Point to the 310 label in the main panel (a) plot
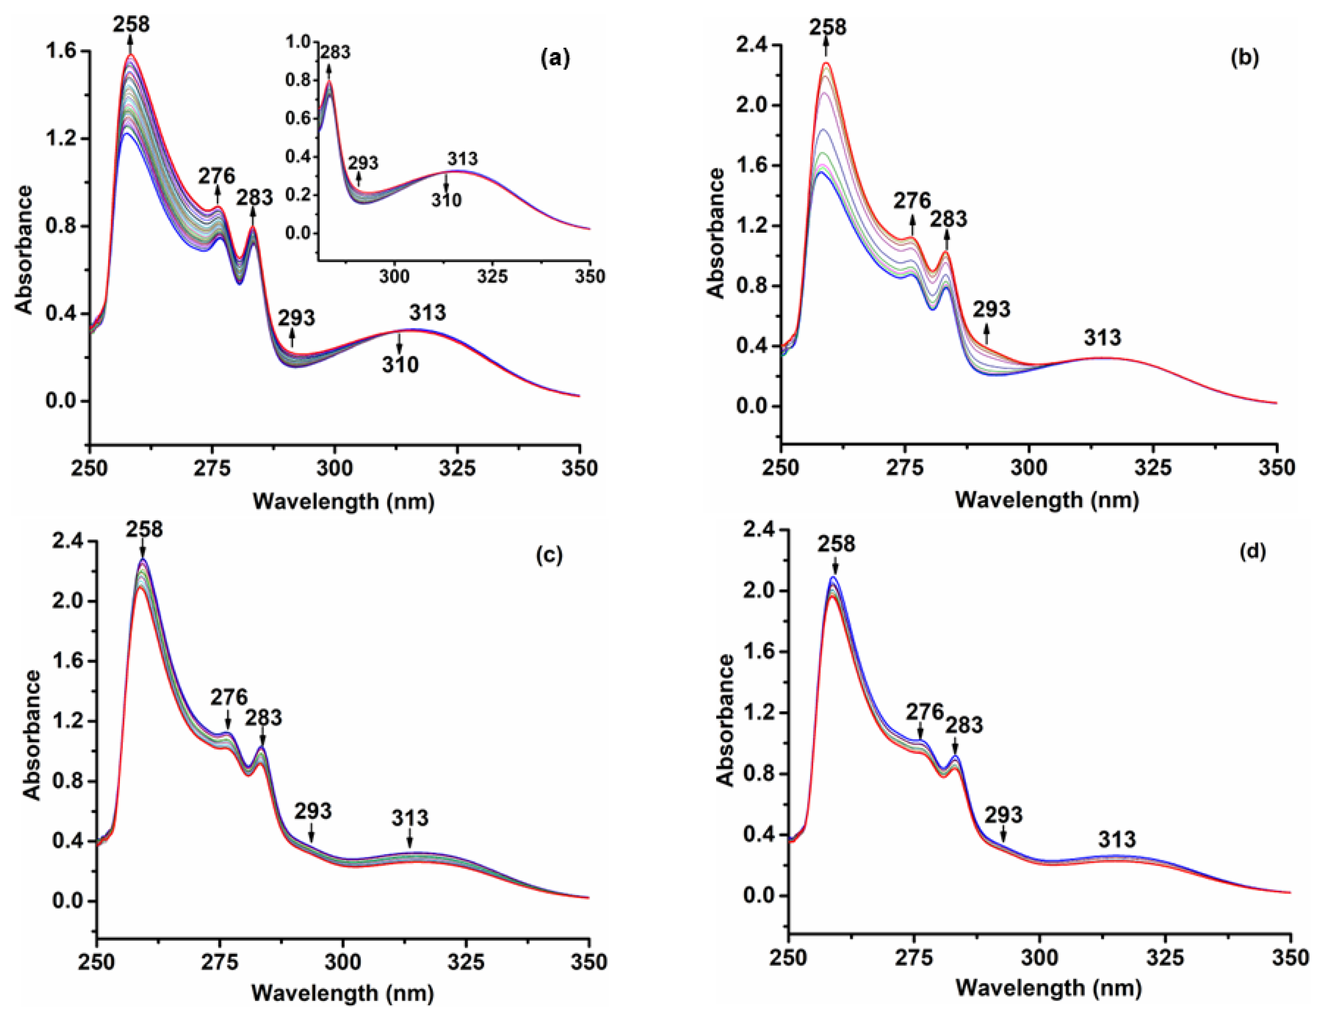(x=400, y=365)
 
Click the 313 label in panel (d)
(x=1117, y=839)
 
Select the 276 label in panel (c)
(x=229, y=697)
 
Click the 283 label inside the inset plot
(x=335, y=52)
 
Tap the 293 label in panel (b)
(x=991, y=309)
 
